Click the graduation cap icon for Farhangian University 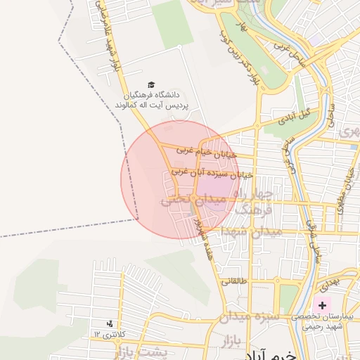pos(153,84)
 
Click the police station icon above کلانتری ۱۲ pos(109,323)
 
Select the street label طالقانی pos(235,281)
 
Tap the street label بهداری pos(328,285)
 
